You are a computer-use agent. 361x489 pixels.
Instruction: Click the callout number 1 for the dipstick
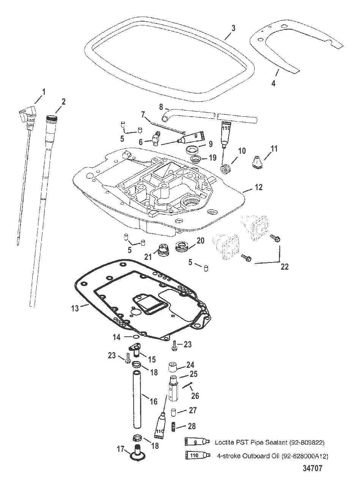[x=44, y=91]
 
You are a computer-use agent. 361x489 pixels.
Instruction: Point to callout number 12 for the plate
[x=259, y=187]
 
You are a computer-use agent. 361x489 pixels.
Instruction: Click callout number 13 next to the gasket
[x=75, y=308]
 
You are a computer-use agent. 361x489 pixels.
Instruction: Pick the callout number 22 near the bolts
[x=284, y=267]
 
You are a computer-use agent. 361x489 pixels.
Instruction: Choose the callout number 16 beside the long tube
[x=153, y=401]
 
